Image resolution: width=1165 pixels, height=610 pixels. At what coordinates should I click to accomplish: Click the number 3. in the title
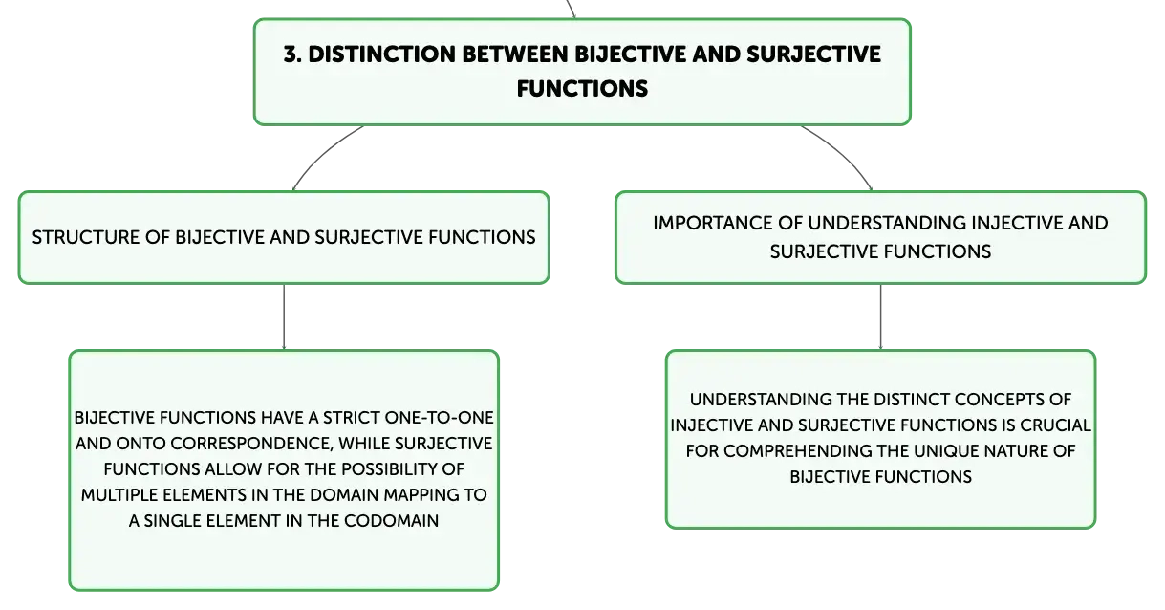click(291, 54)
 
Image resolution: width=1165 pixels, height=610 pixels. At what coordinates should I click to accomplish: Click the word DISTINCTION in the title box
click(381, 54)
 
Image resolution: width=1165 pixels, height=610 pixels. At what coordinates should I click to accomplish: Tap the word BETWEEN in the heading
click(515, 54)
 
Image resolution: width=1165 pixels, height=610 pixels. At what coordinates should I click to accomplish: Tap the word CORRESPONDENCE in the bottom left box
click(251, 444)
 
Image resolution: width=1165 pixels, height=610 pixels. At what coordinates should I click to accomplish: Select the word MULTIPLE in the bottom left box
click(119, 495)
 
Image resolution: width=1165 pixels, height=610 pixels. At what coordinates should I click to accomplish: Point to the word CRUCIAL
click(1055, 425)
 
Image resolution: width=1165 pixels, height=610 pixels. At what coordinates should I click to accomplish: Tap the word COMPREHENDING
click(803, 450)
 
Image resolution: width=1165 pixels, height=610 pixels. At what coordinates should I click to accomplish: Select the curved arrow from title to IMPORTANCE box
click(842, 154)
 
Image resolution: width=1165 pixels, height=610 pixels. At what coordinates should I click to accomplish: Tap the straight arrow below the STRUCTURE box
click(284, 317)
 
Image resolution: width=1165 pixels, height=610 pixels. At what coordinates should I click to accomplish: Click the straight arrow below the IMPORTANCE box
click(880, 317)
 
